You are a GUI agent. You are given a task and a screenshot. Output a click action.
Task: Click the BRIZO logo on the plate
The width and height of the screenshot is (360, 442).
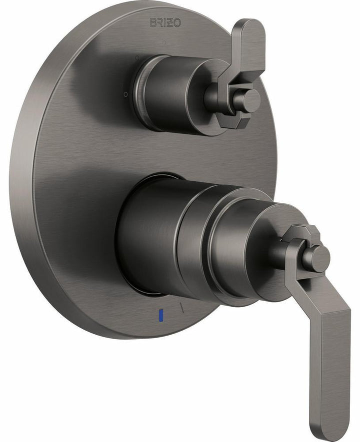click(x=165, y=22)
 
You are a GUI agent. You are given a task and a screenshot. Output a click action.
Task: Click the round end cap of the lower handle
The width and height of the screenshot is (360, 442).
click(x=317, y=259)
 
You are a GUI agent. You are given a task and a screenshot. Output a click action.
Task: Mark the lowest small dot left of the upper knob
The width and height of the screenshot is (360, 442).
click(x=125, y=94)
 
